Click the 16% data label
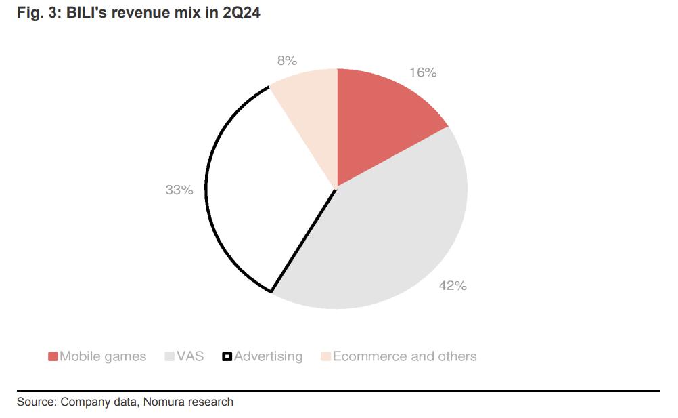pyautogui.click(x=422, y=72)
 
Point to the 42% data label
pyautogui.click(x=453, y=286)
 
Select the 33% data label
pyautogui.click(x=179, y=190)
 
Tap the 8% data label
pyautogui.click(x=287, y=60)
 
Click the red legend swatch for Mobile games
pyautogui.click(x=53, y=356)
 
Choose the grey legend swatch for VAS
pyautogui.click(x=169, y=356)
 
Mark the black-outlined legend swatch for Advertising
pyautogui.click(x=227, y=356)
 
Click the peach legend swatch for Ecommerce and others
pyautogui.click(x=325, y=356)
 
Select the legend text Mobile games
pyautogui.click(x=103, y=356)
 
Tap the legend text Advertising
pyautogui.click(x=268, y=356)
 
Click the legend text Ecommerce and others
pyautogui.click(x=405, y=356)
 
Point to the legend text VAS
pyautogui.click(x=189, y=356)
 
